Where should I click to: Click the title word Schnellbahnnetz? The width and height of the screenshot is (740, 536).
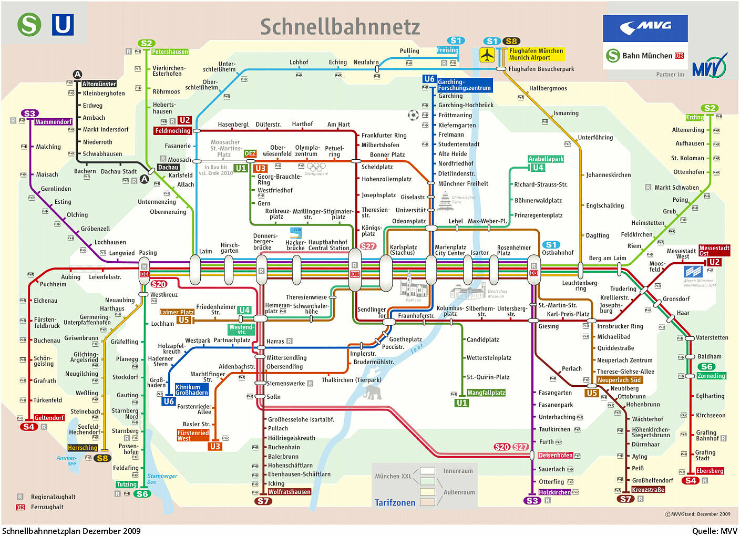(x=340, y=27)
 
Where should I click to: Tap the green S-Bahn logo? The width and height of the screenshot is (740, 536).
(x=29, y=24)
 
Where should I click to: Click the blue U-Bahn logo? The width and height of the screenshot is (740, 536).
(x=63, y=25)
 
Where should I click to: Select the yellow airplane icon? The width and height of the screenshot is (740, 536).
(x=487, y=55)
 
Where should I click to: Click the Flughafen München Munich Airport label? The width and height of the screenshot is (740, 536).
(x=536, y=54)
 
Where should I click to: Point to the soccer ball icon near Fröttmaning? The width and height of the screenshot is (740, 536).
(x=413, y=115)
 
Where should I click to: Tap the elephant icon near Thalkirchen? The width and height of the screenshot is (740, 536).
(x=371, y=392)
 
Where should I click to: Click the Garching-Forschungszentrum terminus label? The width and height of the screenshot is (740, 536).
(x=464, y=85)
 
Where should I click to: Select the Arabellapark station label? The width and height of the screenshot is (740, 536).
(x=546, y=159)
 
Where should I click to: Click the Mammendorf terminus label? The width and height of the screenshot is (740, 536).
(x=53, y=122)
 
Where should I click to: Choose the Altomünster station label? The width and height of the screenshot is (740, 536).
(x=99, y=84)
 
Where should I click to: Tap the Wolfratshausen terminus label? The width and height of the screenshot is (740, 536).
(x=289, y=492)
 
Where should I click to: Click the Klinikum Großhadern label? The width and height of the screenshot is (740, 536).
(x=192, y=390)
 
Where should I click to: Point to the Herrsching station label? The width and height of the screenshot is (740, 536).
(x=83, y=448)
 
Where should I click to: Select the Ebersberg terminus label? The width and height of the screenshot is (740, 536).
(x=710, y=471)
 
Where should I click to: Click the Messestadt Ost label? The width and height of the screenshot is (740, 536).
(x=714, y=251)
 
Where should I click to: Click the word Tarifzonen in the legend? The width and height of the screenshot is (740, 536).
(x=395, y=502)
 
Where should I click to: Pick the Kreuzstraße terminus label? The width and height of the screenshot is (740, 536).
(x=647, y=490)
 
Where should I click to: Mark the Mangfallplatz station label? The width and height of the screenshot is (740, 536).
(x=486, y=393)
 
